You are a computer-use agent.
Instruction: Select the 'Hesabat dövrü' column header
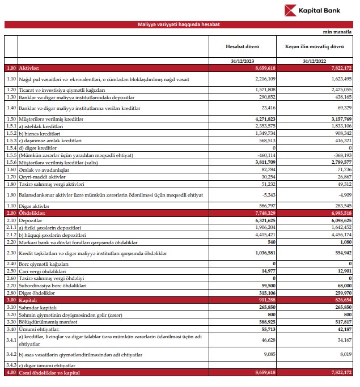click(x=243, y=46)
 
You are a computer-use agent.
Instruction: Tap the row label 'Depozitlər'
click(x=33, y=220)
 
